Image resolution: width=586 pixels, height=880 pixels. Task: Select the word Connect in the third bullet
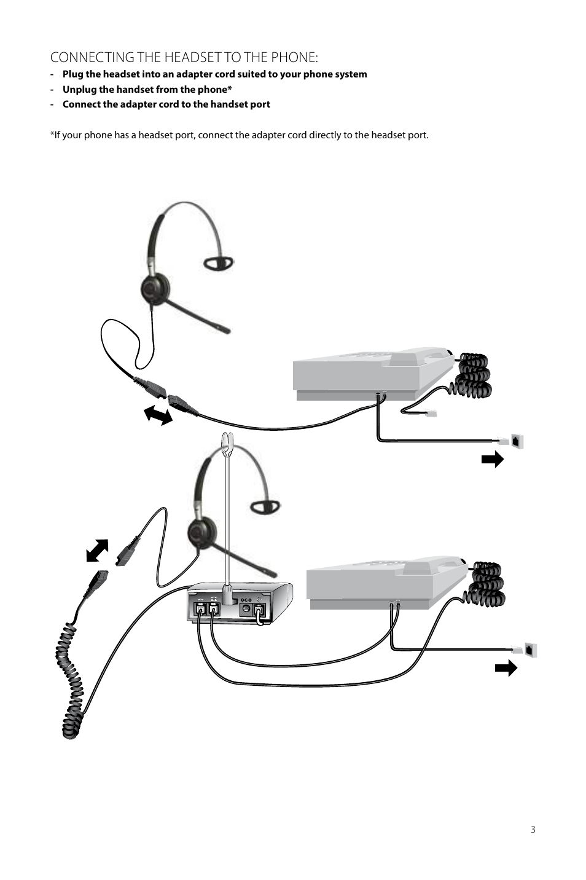[x=81, y=104]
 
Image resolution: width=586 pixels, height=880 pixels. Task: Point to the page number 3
[x=533, y=830]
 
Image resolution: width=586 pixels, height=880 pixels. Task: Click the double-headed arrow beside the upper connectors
[x=158, y=415]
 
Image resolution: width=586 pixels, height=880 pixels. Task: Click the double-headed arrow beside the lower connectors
[x=98, y=550]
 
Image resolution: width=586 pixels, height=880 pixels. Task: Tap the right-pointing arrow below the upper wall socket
[x=493, y=459]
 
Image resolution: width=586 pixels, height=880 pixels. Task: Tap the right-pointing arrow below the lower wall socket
[x=506, y=668]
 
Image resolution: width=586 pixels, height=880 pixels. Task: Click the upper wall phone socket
[x=517, y=441]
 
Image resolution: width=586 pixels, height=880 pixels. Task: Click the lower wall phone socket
[x=531, y=650]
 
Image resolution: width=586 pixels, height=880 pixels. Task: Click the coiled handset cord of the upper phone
[x=473, y=374]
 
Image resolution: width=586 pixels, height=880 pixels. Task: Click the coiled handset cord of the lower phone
[x=486, y=583]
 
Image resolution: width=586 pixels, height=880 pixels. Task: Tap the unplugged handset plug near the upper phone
[x=431, y=414]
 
